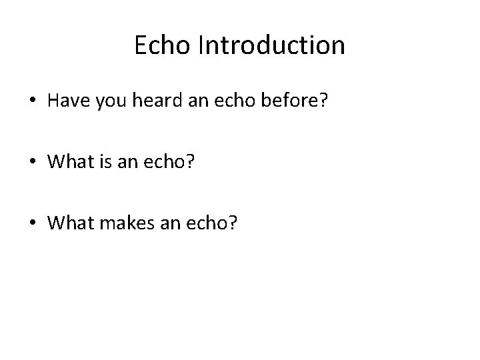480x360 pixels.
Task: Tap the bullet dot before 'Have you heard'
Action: point(33,101)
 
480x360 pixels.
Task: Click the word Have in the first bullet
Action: point(67,100)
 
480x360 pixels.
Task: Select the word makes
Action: point(120,224)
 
